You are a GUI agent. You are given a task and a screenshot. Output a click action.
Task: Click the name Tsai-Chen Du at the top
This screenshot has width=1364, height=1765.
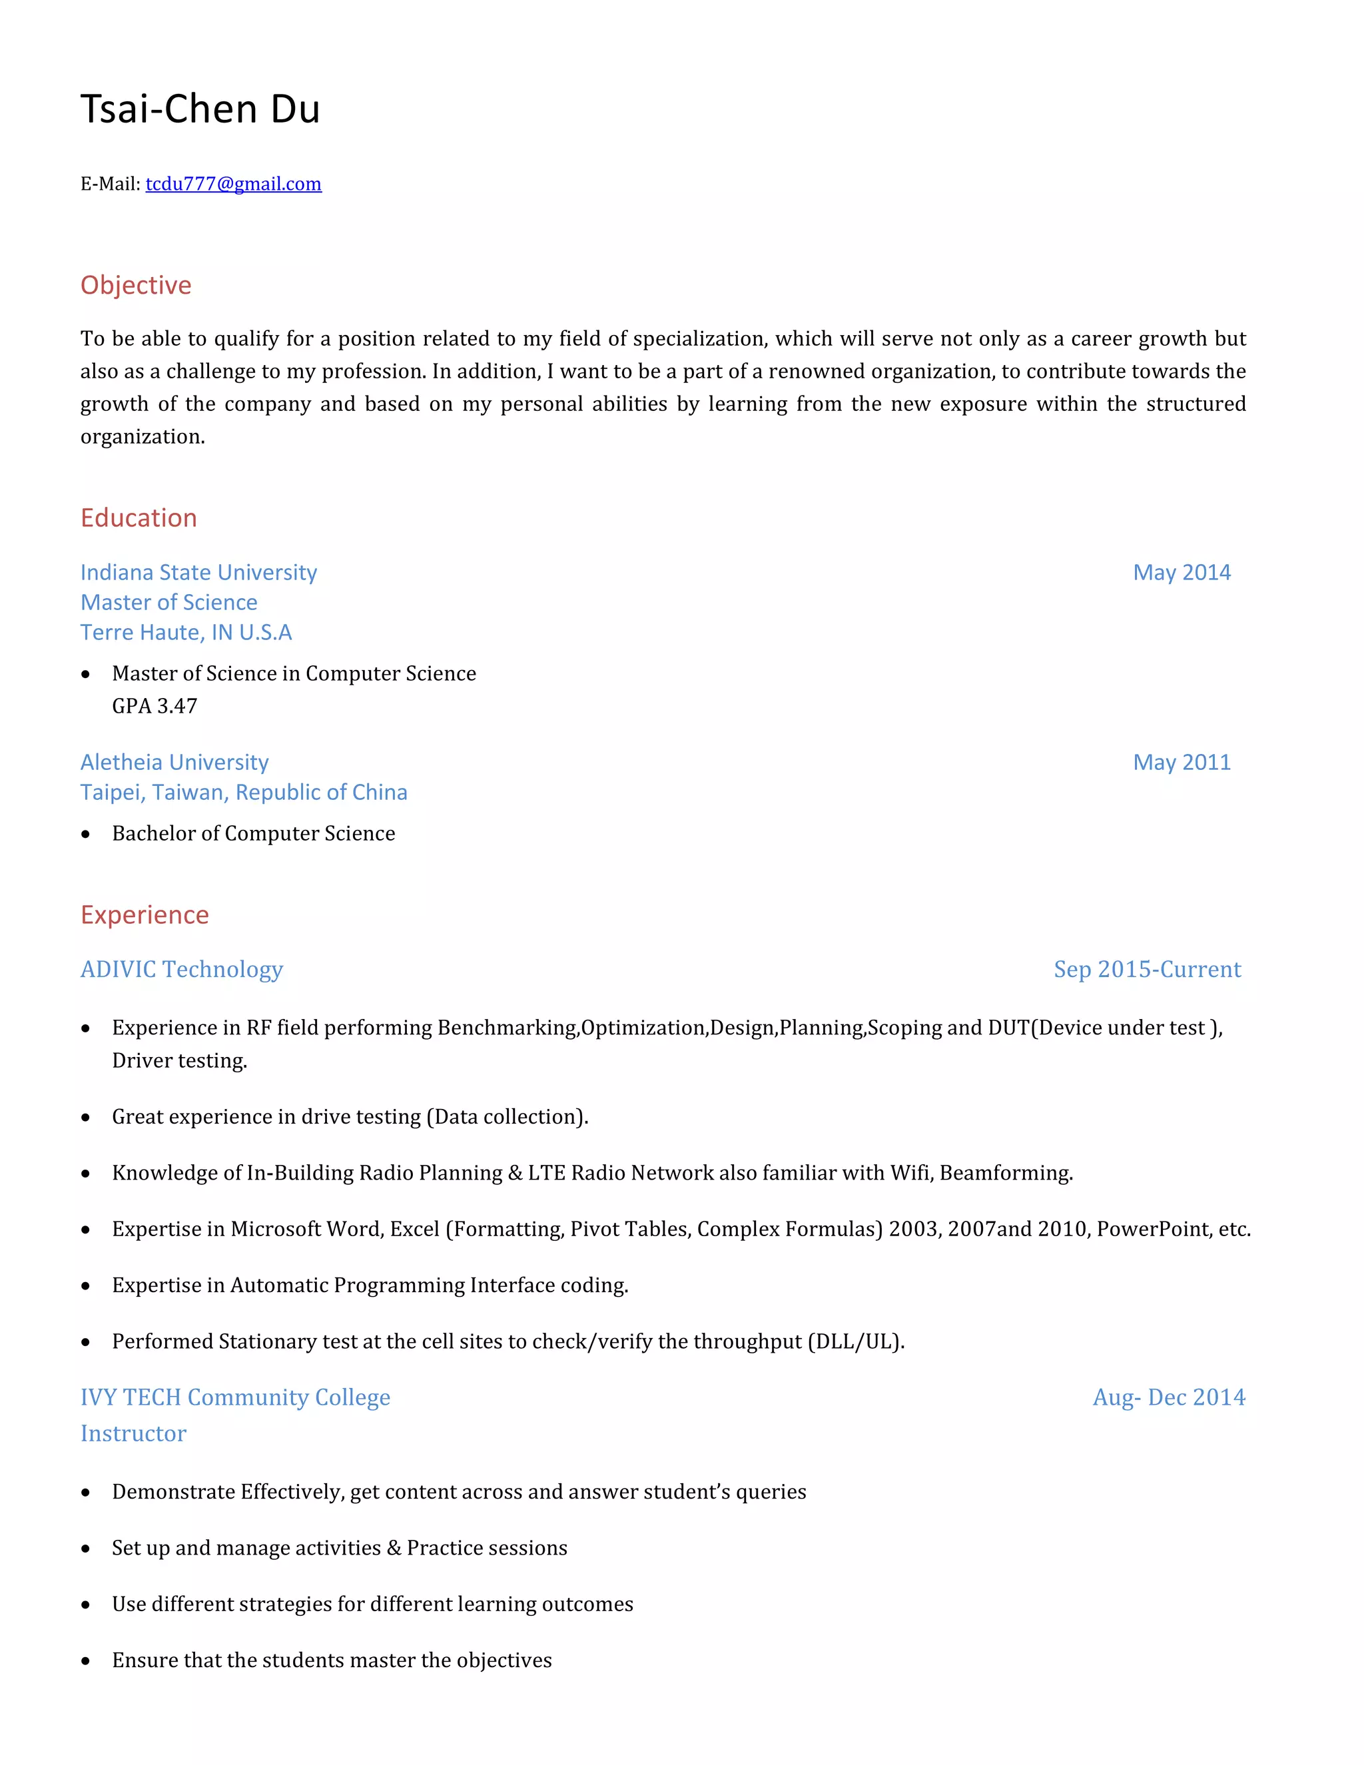click(x=200, y=109)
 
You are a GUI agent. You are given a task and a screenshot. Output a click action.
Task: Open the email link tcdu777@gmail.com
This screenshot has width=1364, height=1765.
click(x=234, y=184)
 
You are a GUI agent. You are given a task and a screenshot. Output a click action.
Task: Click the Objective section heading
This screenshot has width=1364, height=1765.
click(x=136, y=285)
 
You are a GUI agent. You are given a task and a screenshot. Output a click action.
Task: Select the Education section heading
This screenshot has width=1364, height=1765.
click(x=138, y=518)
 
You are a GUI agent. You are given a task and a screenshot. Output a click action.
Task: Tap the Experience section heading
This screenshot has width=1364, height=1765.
click(x=145, y=915)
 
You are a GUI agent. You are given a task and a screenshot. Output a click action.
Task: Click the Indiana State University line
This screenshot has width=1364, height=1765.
click(x=198, y=573)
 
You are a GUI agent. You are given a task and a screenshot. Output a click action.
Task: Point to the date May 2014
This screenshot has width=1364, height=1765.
click(x=1182, y=573)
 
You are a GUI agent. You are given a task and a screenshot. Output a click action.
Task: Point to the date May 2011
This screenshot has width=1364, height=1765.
click(x=1182, y=763)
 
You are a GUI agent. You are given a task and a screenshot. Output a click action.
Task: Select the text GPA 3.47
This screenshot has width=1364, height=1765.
click(x=155, y=706)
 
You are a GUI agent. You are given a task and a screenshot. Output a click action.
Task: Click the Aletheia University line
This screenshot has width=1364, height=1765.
click(x=174, y=763)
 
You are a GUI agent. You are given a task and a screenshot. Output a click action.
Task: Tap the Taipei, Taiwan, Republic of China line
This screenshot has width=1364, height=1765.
click(x=243, y=793)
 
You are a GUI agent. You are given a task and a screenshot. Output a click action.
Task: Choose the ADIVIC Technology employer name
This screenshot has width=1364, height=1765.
click(x=182, y=970)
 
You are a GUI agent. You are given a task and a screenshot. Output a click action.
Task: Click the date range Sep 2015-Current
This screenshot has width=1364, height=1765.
click(x=1147, y=970)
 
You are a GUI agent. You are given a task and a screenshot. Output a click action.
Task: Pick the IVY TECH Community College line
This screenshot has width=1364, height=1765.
click(x=235, y=1397)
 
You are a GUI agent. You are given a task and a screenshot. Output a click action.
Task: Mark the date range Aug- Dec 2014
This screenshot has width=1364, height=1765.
click(x=1168, y=1397)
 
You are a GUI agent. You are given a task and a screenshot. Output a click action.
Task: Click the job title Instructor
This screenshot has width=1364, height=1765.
click(x=133, y=1434)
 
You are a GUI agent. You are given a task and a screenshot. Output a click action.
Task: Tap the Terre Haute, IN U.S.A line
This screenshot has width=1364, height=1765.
click(x=186, y=633)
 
